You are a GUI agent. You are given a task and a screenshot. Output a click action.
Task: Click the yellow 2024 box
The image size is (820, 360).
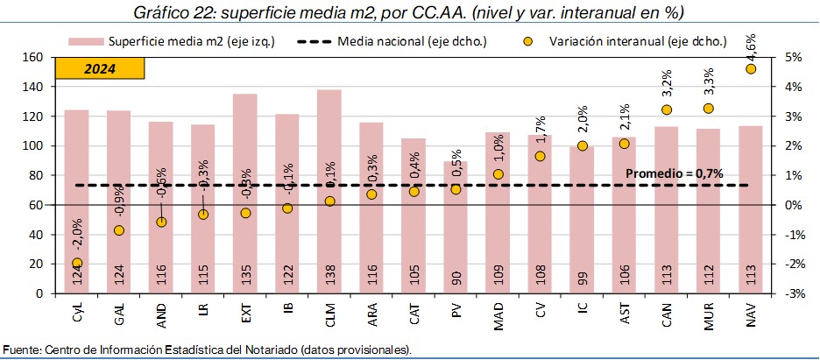pos(99,69)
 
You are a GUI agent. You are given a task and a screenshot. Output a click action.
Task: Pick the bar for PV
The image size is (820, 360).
pos(456,227)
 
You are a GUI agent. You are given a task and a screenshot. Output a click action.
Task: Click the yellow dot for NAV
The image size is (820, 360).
pos(751,68)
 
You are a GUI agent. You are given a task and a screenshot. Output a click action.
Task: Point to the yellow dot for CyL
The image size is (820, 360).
pos(76,263)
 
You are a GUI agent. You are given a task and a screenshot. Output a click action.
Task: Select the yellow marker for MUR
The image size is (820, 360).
pos(709,108)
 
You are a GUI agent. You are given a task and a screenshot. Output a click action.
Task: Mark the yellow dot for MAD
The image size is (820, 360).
pos(498,174)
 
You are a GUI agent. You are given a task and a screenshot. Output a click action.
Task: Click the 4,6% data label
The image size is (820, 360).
pos(751,41)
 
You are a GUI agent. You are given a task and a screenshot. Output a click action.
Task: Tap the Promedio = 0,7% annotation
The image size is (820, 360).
pos(674,173)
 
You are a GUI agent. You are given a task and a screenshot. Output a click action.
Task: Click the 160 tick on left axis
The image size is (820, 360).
pos(32,57)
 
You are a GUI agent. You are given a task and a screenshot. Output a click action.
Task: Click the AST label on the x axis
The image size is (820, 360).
pos(625,313)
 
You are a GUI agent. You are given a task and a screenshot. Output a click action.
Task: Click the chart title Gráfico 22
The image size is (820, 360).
pos(410,12)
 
